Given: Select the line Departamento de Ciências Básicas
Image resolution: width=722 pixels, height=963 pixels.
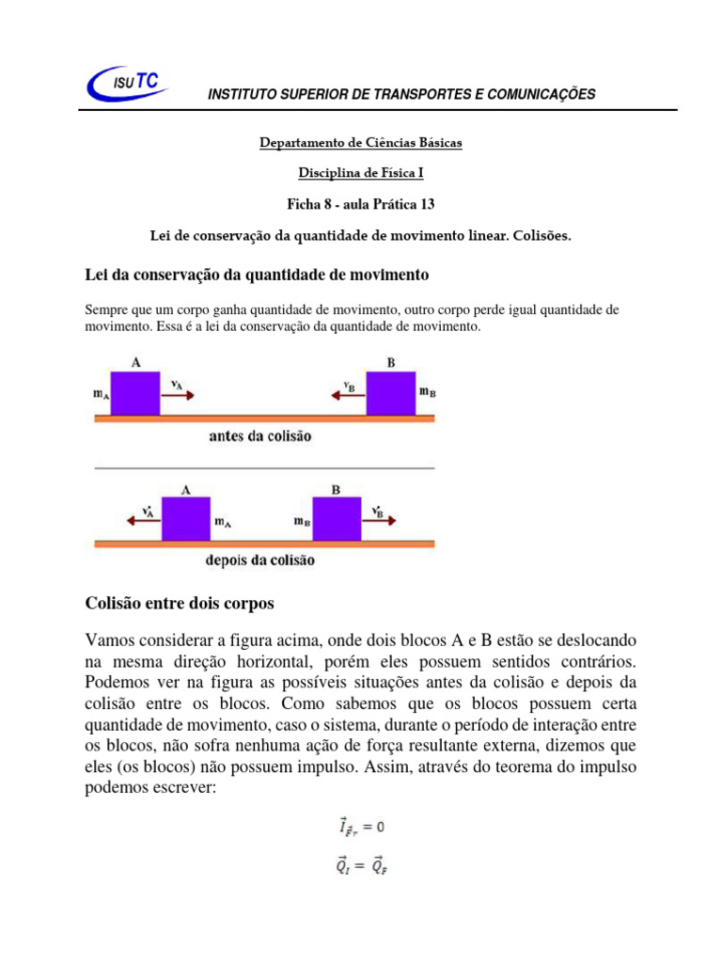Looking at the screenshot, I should [361, 143].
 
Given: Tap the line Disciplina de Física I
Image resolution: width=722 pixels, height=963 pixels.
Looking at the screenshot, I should [361, 173].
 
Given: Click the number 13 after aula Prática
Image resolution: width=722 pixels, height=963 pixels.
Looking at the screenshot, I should [427, 203].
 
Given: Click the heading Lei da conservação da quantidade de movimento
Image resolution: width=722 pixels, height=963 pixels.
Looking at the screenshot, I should [257, 275].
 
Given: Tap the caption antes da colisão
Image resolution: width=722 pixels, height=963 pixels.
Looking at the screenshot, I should [260, 436].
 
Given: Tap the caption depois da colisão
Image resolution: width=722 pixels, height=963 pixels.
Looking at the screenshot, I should [260, 560].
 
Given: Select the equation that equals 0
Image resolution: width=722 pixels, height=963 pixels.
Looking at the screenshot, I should [361, 827].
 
